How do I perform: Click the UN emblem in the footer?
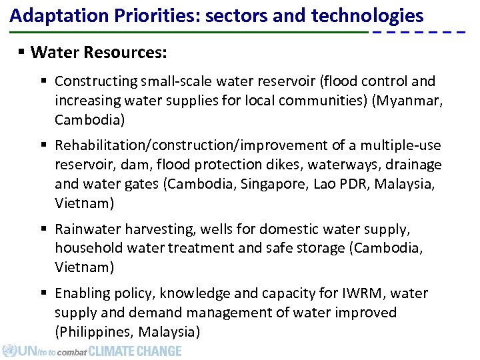9,351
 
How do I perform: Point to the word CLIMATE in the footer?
111,351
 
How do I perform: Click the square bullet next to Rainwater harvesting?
43,229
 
